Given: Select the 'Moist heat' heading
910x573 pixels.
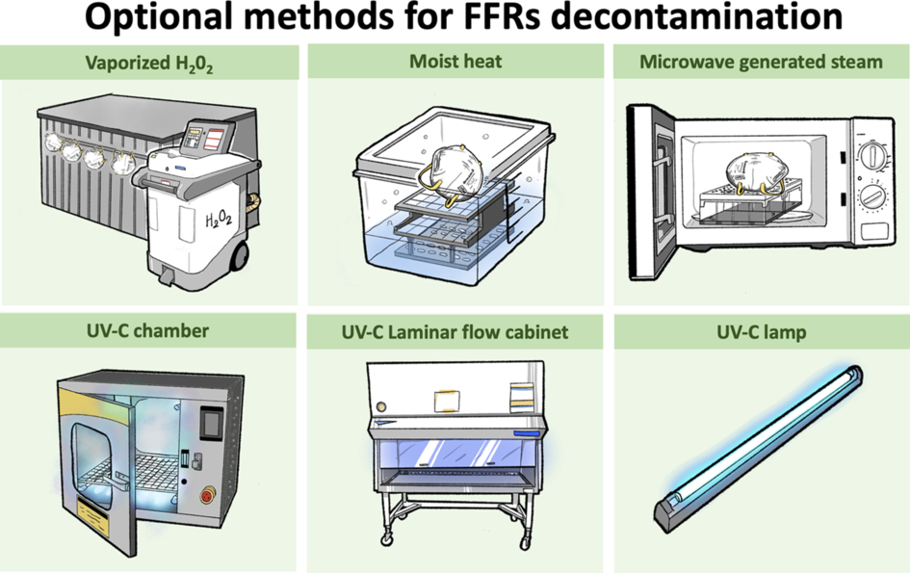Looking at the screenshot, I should (x=455, y=64).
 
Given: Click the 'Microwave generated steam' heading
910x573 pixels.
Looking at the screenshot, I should (x=761, y=64).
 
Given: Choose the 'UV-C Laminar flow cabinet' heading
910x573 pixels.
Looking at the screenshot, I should (x=455, y=333).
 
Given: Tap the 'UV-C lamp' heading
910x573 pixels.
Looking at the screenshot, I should (x=761, y=332).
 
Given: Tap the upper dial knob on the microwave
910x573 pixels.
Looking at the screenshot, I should (x=872, y=155).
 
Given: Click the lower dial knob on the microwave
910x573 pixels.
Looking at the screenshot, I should (x=872, y=196).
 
